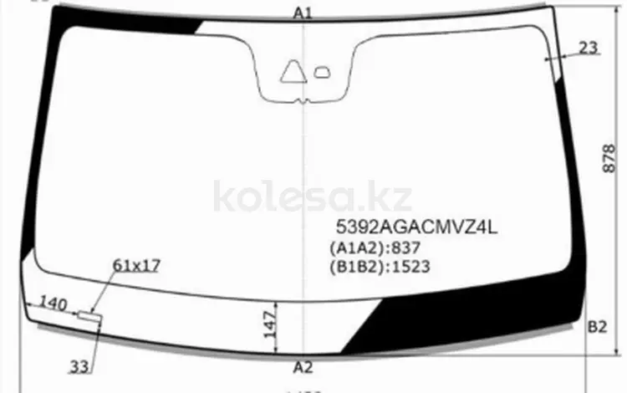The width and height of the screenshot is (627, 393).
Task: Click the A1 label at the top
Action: [303, 13]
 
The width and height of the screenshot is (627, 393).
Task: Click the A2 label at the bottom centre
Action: [303, 367]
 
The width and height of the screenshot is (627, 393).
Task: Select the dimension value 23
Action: [589, 48]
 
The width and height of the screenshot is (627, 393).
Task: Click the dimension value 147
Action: [267, 321]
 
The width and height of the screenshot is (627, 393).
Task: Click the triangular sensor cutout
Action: [293, 74]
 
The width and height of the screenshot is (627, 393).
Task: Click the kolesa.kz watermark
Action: [313, 197]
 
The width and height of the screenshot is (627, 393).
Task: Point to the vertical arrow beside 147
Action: [277, 321]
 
